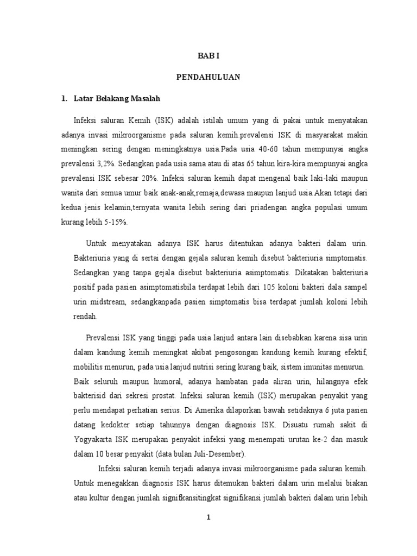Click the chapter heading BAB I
pos(208,55)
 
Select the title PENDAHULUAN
pos(208,78)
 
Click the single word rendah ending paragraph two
pos(85,315)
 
